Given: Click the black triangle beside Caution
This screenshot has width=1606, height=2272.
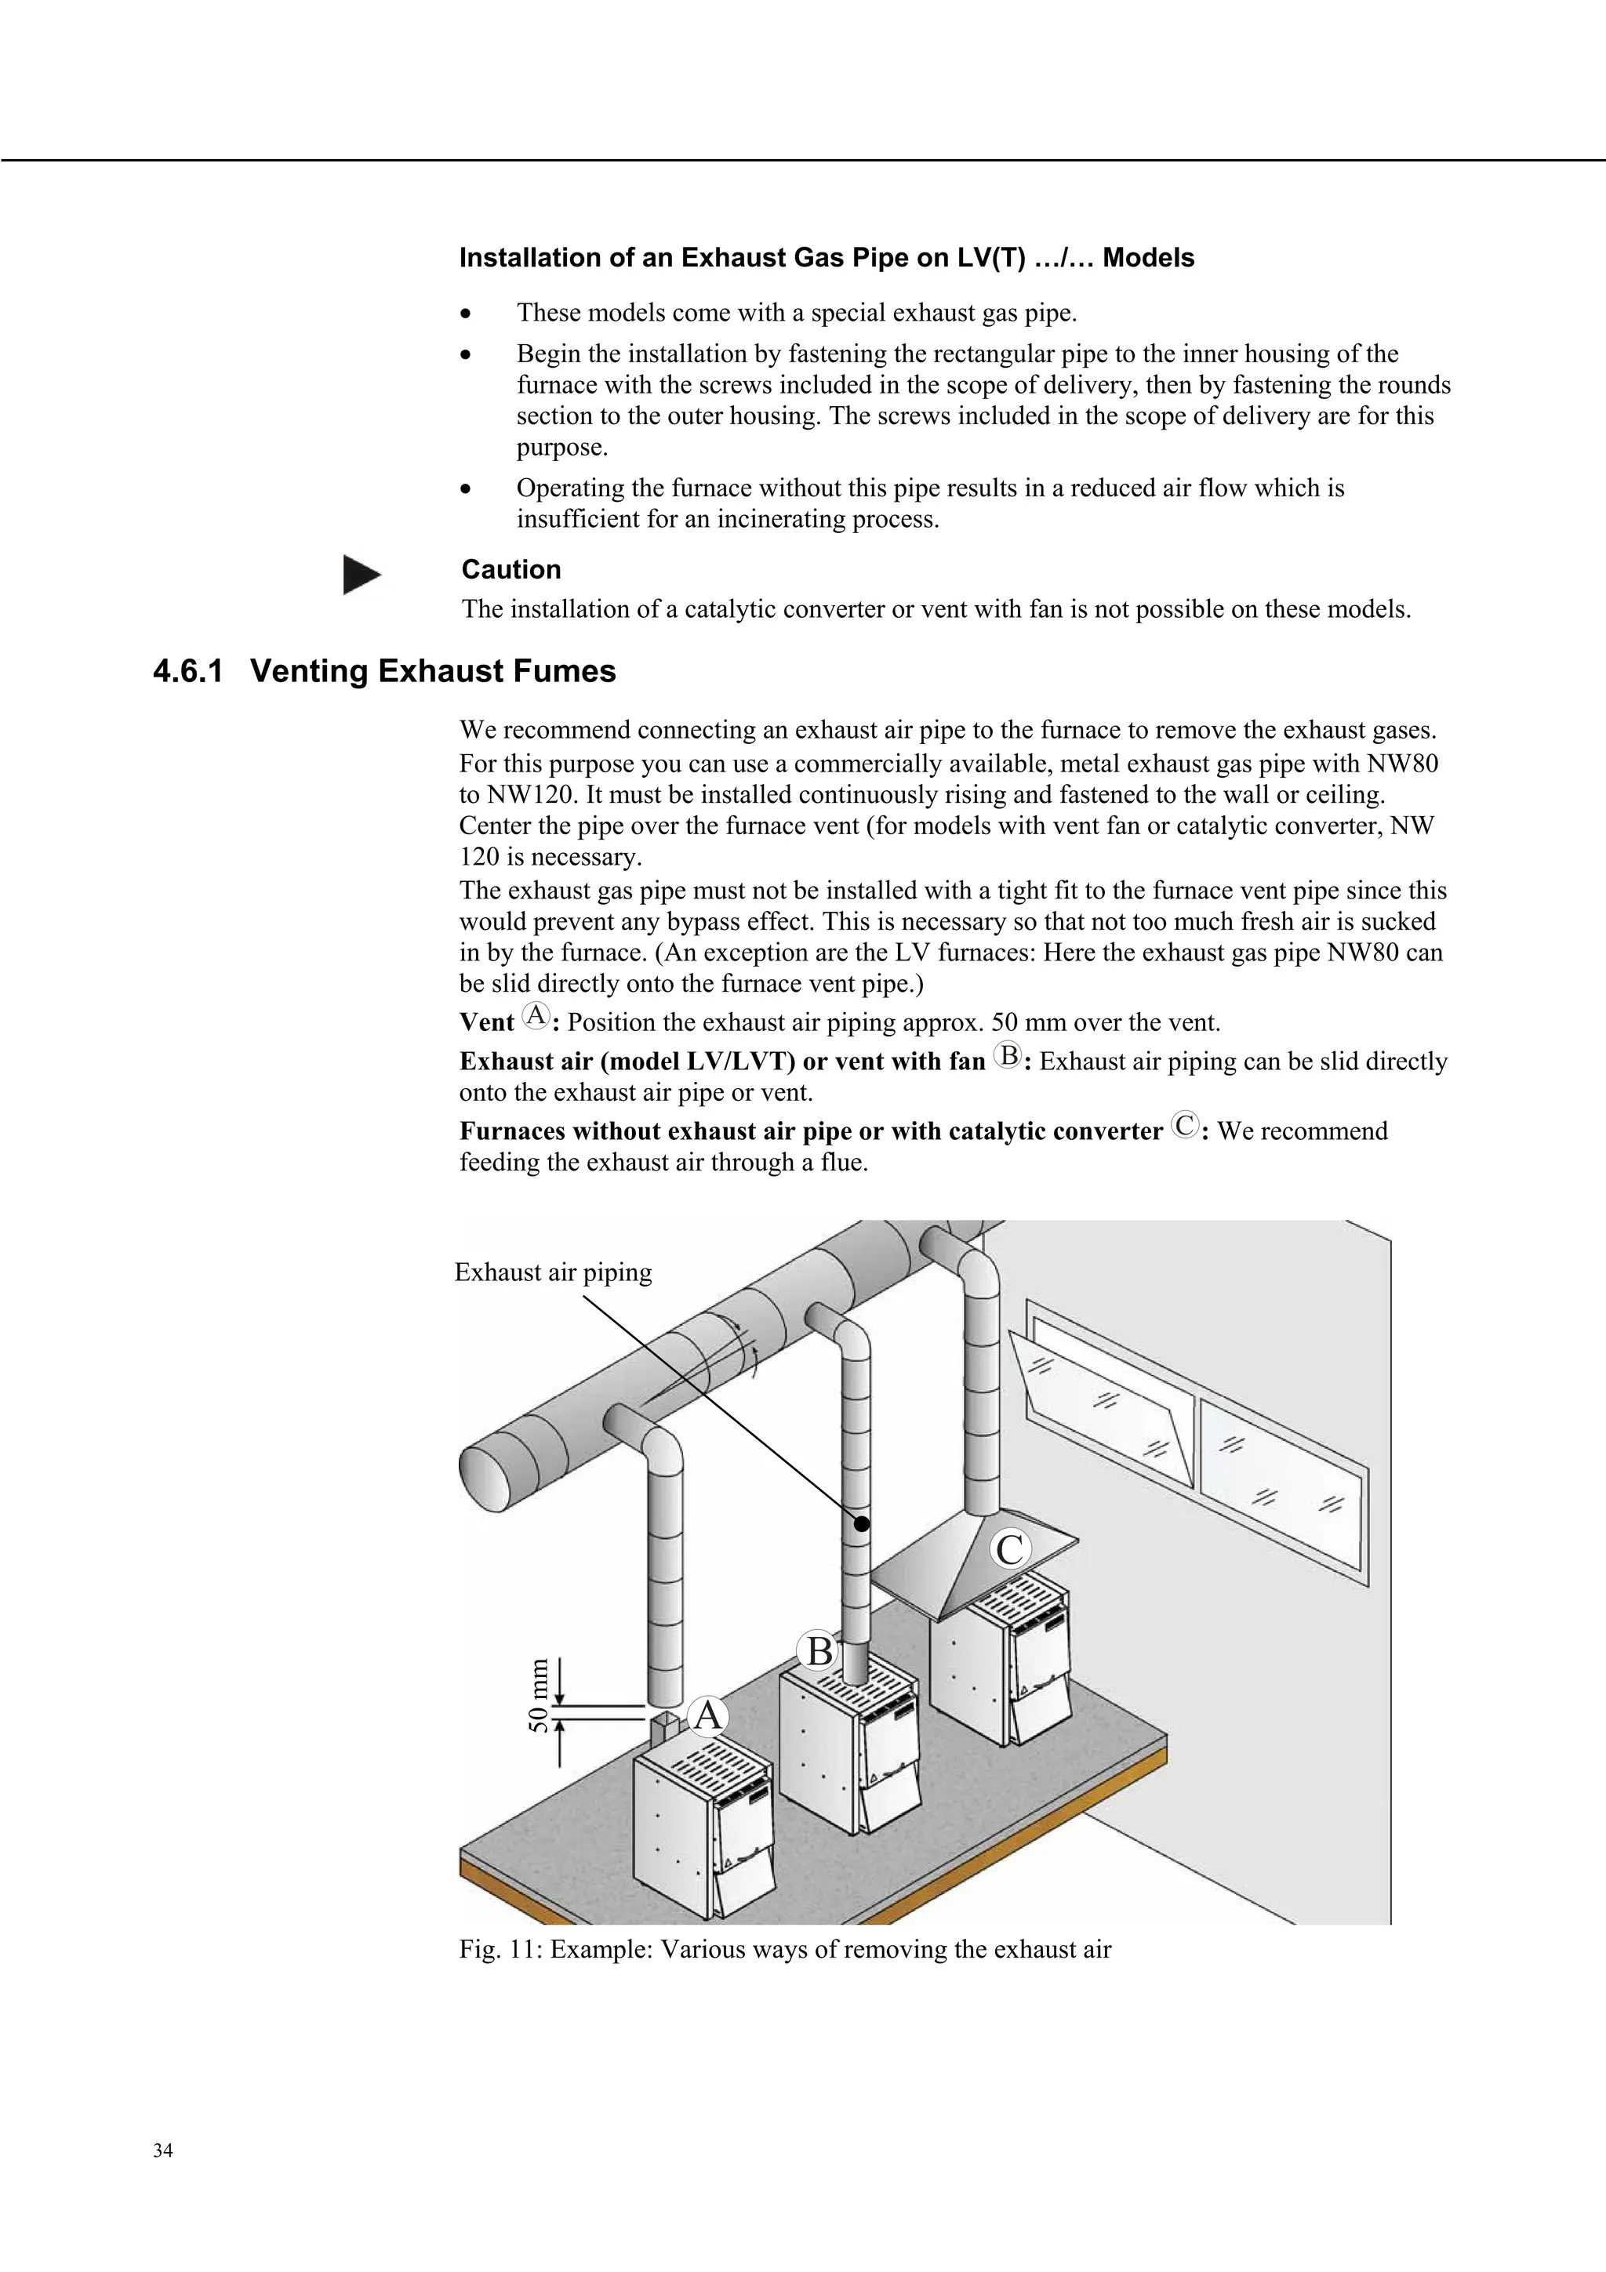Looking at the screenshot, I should (362, 575).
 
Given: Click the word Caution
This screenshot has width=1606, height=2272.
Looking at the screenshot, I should (511, 570).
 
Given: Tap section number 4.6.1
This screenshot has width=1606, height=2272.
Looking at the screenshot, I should (188, 672).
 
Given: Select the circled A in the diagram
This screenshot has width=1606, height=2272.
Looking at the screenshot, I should (707, 1716).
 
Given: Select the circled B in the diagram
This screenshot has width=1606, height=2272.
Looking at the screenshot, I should (819, 1652).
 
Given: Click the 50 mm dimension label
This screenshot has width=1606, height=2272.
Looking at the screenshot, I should (537, 1694).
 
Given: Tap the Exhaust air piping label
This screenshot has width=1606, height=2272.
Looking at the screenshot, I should (553, 1272).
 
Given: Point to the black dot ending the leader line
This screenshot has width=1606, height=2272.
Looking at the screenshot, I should (862, 1525).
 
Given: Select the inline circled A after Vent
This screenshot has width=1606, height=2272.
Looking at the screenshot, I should (536, 1015).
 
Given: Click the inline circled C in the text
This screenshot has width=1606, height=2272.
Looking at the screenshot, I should (1183, 1125).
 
